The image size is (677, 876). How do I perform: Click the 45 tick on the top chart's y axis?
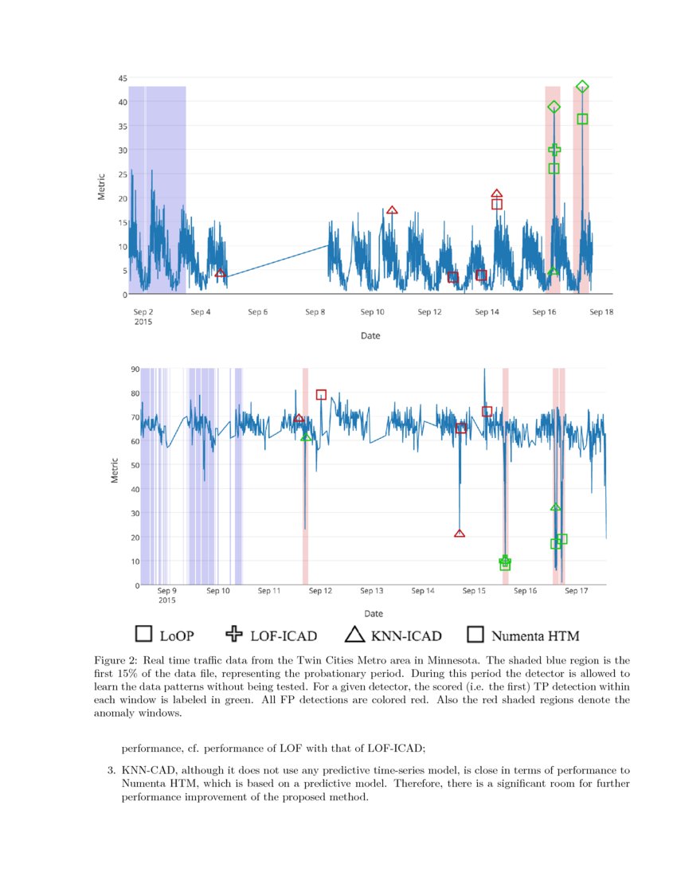[x=122, y=78]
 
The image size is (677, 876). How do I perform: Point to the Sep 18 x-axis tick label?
[x=601, y=312]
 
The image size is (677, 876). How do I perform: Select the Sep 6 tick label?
[x=257, y=312]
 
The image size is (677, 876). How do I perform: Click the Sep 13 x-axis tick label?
[x=372, y=591]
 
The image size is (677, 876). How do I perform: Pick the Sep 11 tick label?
[x=269, y=591]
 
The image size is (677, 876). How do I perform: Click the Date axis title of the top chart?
[x=370, y=336]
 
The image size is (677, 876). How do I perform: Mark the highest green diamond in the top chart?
[x=582, y=87]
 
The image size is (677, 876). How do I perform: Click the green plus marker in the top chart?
[x=554, y=150]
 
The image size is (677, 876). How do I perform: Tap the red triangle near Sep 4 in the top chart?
[x=220, y=273]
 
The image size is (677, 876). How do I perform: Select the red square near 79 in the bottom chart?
[x=321, y=395]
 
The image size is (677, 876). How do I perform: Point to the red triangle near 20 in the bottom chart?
[x=460, y=533]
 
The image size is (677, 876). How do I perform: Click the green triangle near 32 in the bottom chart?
[x=555, y=507]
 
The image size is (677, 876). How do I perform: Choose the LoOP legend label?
[x=177, y=635]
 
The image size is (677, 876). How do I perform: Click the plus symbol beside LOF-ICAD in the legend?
[x=234, y=634]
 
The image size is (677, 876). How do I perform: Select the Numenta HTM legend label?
[x=535, y=635]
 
